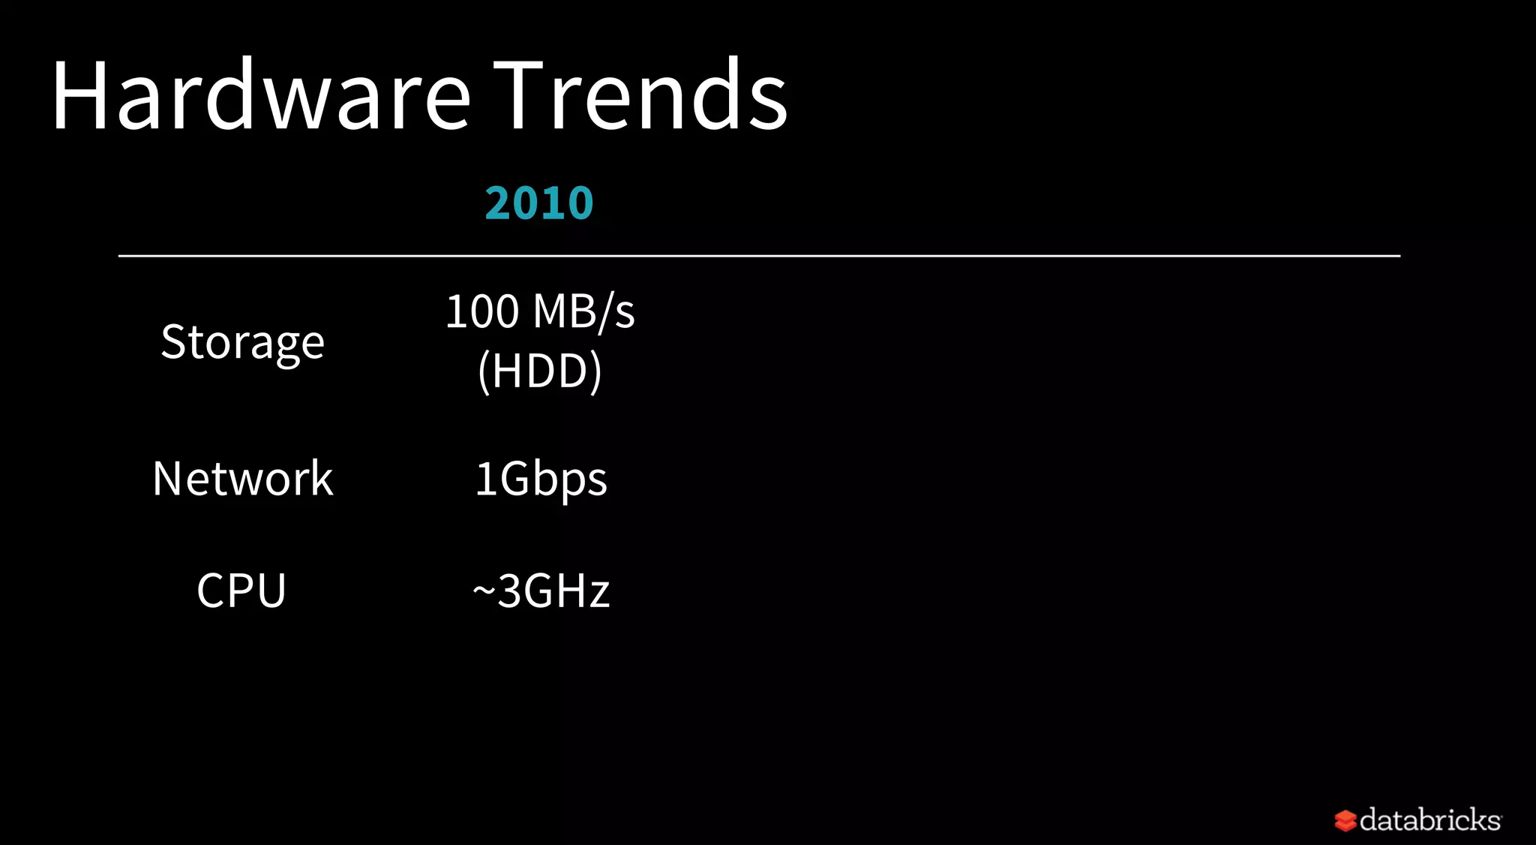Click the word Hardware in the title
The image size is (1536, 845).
261,96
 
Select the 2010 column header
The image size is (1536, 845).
539,203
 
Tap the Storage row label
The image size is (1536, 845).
242,342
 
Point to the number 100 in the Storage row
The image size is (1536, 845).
482,311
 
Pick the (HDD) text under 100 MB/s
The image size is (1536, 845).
540,371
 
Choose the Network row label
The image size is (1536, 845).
242,479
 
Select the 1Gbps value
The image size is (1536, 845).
541,480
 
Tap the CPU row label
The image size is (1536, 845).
241,591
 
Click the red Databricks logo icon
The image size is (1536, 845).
1345,820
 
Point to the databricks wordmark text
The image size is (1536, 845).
1430,819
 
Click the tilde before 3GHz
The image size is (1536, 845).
484,591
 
